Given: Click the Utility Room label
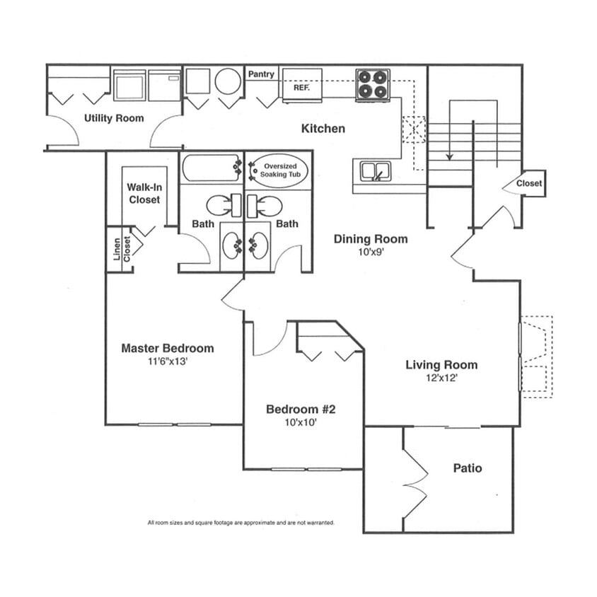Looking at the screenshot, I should (114, 118).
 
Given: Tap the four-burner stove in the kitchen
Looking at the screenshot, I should (372, 85).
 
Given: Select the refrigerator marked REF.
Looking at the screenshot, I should (302, 86).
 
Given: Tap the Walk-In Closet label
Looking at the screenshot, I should (144, 193).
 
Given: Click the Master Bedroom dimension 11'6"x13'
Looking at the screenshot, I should (168, 361).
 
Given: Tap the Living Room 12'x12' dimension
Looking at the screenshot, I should (441, 378).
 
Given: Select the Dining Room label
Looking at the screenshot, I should (371, 239).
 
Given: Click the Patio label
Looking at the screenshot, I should (468, 468).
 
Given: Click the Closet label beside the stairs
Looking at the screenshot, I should (529, 183).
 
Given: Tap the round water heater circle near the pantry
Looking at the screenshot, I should (228, 81).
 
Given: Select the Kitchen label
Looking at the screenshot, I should (323, 129).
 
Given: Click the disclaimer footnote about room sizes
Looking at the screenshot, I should (240, 523).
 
